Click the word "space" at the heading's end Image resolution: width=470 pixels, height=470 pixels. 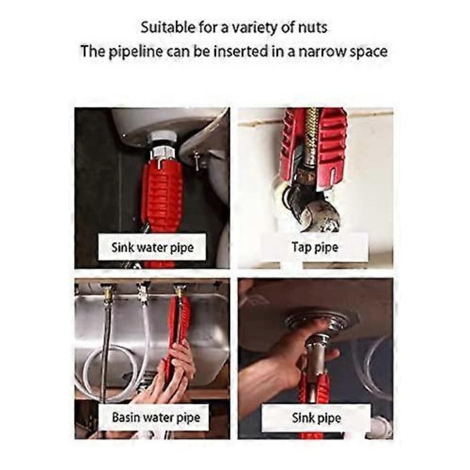369,52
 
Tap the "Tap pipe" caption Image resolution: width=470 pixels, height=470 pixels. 315,247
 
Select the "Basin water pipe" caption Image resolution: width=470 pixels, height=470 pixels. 156,418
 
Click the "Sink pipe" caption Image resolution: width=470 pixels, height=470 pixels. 317,418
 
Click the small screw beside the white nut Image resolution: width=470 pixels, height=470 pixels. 196,161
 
